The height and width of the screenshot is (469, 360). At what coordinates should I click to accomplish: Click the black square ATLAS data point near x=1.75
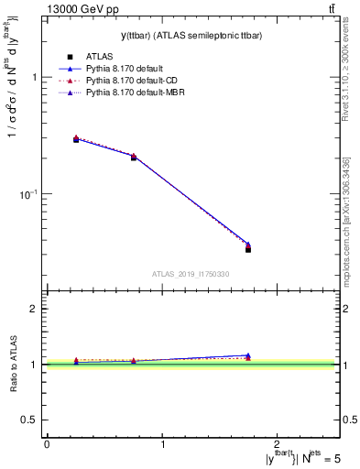coord(248,249)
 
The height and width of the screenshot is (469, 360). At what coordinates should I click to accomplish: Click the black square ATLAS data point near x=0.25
coord(76,139)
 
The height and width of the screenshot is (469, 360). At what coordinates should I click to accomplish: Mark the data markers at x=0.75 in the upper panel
coord(134,157)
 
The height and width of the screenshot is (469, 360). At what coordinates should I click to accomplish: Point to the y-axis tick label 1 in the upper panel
coord(34,77)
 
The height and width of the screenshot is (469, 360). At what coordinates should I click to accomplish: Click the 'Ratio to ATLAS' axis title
coord(14,365)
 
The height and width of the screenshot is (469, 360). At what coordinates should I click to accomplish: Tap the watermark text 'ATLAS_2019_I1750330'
coord(191,274)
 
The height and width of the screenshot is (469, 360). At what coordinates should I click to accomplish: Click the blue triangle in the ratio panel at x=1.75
coord(248,354)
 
